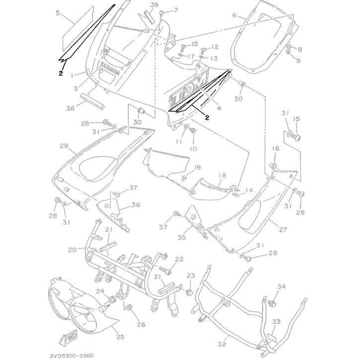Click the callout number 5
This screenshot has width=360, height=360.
tap(58, 14)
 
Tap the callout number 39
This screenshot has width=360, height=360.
tap(140, 5)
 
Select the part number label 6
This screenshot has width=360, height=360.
tap(234, 15)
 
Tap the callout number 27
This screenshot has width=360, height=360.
tap(283, 229)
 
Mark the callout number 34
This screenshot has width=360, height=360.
tap(281, 286)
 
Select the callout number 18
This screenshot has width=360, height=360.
tap(222, 176)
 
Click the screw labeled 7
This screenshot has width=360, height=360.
tap(163, 15)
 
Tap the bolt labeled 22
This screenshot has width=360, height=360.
tap(168, 271)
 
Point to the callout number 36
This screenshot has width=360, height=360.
tap(135, 204)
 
